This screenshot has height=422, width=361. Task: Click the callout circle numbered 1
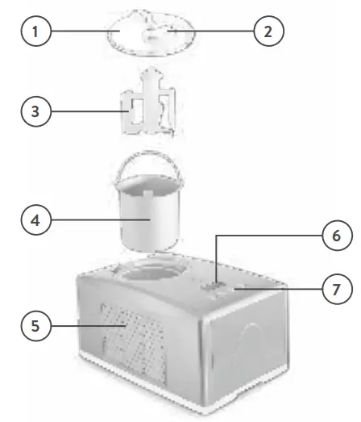33,34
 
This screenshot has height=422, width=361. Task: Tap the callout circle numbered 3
33,111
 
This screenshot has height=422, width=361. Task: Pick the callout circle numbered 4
33,219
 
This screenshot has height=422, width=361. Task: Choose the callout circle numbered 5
33,327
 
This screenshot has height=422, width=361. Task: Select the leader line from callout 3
85,111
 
